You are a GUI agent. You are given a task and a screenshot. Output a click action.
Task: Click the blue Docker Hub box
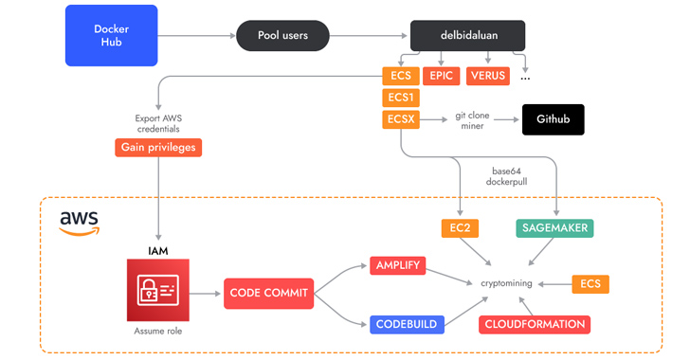pyautogui.click(x=112, y=36)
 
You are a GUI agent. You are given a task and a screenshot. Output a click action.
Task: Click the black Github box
pyautogui.click(x=553, y=120)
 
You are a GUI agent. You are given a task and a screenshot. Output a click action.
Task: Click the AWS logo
pyautogui.click(x=80, y=223)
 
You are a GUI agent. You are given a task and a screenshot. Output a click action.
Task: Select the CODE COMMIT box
pyautogui.click(x=269, y=293)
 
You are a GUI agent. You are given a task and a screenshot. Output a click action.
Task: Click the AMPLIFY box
pyautogui.click(x=398, y=265)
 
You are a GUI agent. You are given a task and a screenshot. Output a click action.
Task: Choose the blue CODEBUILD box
pyautogui.click(x=406, y=324)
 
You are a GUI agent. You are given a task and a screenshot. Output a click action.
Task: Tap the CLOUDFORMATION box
pyautogui.click(x=535, y=324)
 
